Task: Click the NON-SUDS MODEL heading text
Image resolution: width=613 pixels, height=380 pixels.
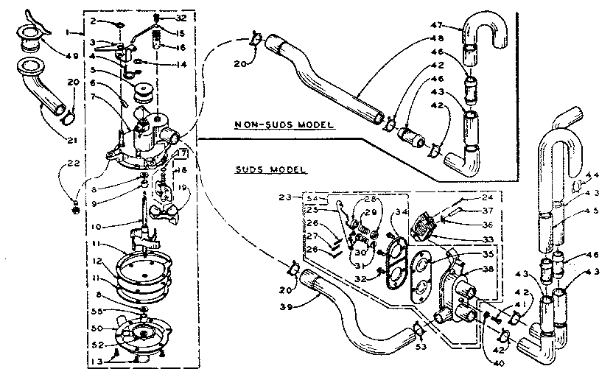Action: pyautogui.click(x=280, y=125)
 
